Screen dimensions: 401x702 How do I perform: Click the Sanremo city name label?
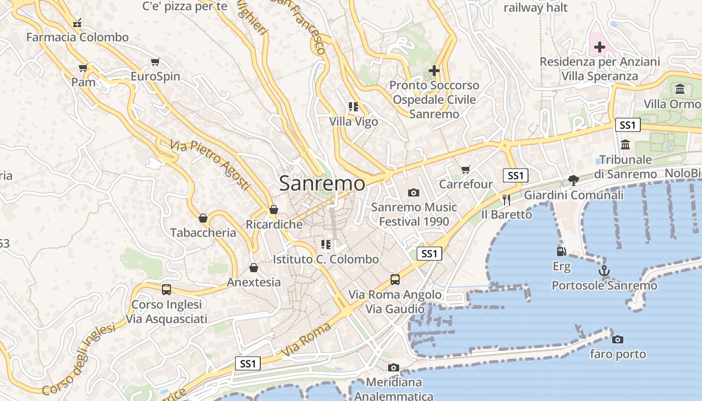tap(322, 183)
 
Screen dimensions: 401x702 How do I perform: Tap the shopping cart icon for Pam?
tap(83, 68)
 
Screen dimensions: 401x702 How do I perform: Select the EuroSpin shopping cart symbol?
tap(155, 62)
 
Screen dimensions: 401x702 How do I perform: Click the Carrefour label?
tap(466, 184)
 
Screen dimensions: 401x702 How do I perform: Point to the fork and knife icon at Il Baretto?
tap(506, 200)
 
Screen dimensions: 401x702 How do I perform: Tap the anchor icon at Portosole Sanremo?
tap(604, 271)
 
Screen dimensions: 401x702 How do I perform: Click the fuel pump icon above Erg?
tap(561, 252)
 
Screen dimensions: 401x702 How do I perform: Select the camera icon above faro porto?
tap(618, 339)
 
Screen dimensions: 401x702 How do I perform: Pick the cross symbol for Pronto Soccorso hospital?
tap(434, 71)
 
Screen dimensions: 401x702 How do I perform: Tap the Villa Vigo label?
tap(354, 121)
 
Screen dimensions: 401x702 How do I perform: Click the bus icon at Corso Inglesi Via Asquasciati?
tap(166, 290)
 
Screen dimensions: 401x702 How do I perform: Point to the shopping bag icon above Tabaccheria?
tap(203, 218)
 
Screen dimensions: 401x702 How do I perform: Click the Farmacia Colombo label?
tap(77, 37)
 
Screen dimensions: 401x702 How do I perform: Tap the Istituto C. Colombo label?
tap(326, 259)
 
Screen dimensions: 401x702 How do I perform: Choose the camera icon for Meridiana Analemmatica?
tap(394, 368)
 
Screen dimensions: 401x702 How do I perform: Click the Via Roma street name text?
tap(306, 340)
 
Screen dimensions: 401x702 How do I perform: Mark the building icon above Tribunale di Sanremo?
tap(625, 145)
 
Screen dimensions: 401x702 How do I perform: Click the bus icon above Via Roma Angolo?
tap(395, 280)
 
